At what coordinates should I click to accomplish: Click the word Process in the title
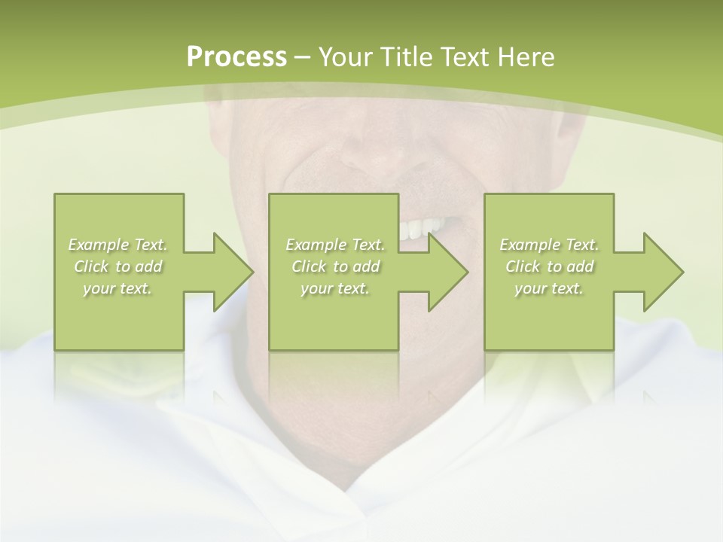click(236, 57)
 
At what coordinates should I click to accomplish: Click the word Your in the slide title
click(344, 57)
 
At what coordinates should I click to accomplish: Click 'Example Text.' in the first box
click(118, 245)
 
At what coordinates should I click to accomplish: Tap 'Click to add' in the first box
click(118, 266)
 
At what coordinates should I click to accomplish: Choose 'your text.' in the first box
click(118, 288)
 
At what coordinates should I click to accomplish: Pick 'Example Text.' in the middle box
click(335, 245)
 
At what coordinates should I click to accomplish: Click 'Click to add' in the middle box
click(335, 266)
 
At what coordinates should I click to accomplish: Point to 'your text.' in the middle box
click(335, 288)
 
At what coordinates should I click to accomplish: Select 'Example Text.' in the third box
click(549, 245)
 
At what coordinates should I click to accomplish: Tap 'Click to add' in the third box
click(549, 266)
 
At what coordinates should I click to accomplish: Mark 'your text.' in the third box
click(549, 288)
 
